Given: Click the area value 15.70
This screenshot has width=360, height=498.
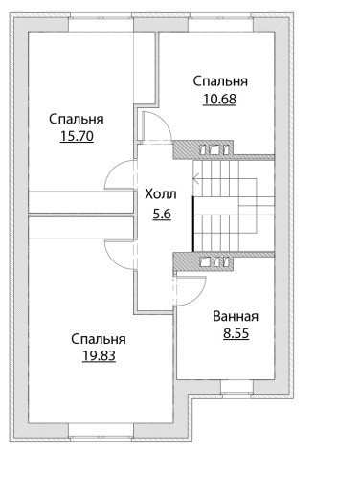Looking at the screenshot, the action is click(77, 136).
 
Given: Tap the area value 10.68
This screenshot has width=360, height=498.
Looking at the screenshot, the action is click(219, 99).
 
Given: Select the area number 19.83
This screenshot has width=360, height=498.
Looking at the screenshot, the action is click(99, 355).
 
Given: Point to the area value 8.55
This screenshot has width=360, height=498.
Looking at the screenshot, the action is click(236, 334).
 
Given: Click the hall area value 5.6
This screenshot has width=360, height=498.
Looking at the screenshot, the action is click(162, 214).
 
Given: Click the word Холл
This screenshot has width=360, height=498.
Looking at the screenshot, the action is click(161, 194).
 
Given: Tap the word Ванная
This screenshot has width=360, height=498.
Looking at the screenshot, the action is click(236, 316).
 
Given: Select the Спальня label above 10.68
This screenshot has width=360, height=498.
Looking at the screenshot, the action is click(220, 81).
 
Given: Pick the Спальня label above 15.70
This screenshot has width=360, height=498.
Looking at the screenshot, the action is click(77, 119).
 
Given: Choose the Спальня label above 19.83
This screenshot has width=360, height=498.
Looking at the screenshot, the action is click(99, 339).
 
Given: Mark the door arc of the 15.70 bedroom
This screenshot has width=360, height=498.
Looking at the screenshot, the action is click(112, 169).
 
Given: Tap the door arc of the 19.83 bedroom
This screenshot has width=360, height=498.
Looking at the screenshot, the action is click(112, 260).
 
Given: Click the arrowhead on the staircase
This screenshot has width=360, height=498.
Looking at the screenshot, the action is click(195, 177).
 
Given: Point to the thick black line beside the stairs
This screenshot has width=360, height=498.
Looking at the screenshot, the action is click(193, 223).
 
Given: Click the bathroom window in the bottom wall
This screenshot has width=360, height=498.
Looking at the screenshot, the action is click(236, 389).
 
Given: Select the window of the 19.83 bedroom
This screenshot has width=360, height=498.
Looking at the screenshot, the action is click(101, 433).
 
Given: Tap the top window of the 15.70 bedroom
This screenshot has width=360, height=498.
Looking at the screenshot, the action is click(101, 23).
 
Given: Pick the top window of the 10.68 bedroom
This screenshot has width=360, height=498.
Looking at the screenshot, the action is click(221, 23).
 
